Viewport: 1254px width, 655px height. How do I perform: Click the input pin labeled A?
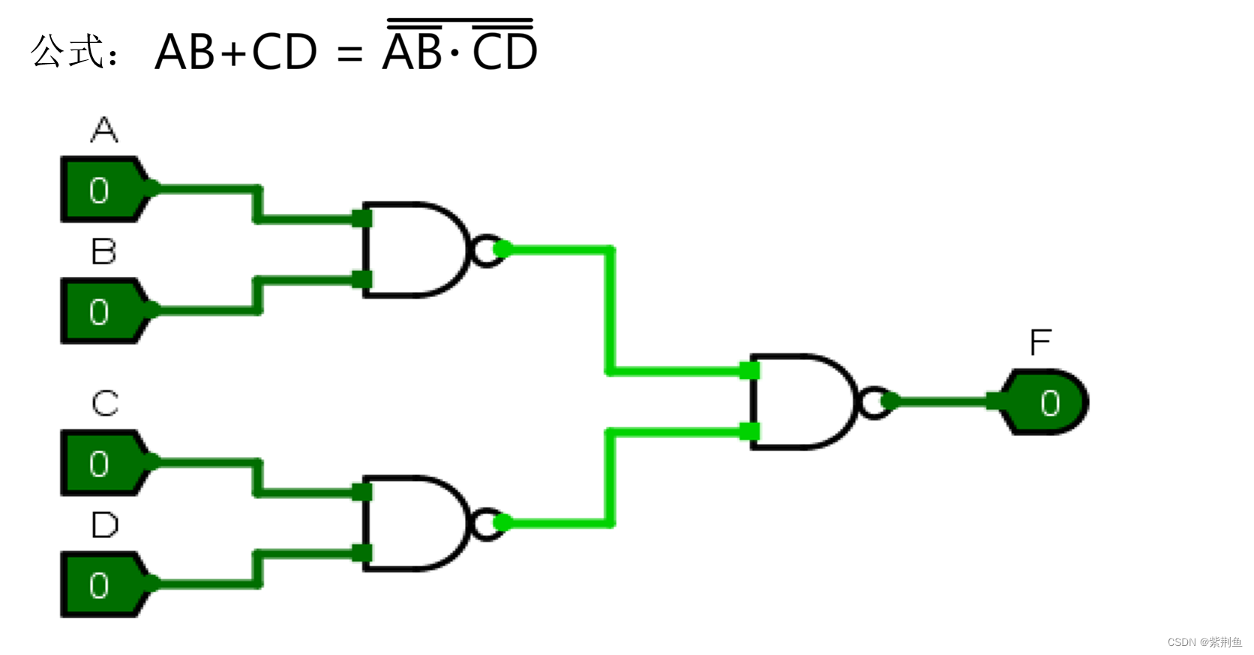click(x=101, y=190)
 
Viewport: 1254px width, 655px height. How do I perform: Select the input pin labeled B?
click(x=101, y=311)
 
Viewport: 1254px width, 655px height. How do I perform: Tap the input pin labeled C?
click(x=101, y=464)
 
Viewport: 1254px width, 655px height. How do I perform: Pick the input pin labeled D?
click(x=101, y=585)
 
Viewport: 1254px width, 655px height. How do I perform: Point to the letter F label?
click(x=1040, y=343)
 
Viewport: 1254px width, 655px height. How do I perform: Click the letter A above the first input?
click(x=104, y=130)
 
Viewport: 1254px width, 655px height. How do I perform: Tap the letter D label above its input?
click(x=104, y=525)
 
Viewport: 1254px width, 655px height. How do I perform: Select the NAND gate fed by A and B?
click(x=412, y=249)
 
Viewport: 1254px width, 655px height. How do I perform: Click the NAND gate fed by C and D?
click(x=412, y=523)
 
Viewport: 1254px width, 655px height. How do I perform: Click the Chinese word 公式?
click(x=67, y=51)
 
